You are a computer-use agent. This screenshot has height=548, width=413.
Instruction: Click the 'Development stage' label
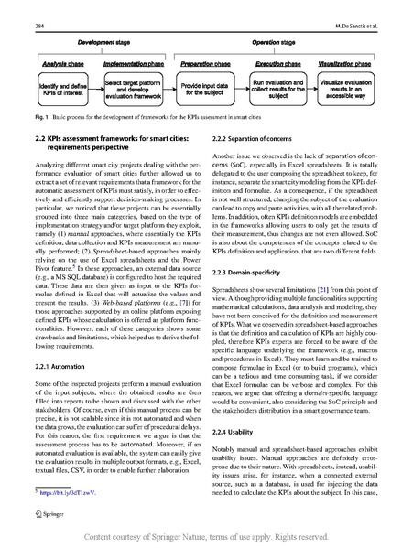[x=106, y=43]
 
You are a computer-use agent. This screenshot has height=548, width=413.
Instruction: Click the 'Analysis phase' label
[x=60, y=64]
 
